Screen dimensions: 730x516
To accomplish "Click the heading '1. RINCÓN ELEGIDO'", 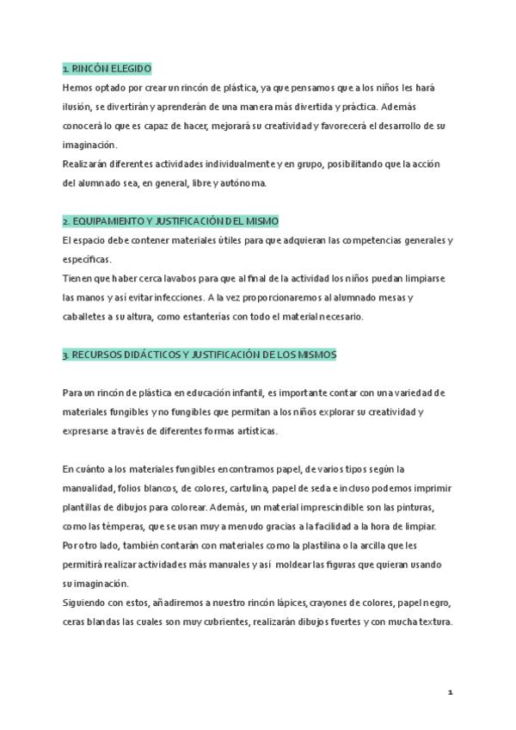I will click(107, 68).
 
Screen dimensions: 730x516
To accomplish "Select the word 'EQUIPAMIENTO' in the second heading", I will click(108, 220).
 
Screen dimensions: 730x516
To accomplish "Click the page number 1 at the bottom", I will click(451, 691).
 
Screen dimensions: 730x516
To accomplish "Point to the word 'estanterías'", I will click(237, 317).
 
